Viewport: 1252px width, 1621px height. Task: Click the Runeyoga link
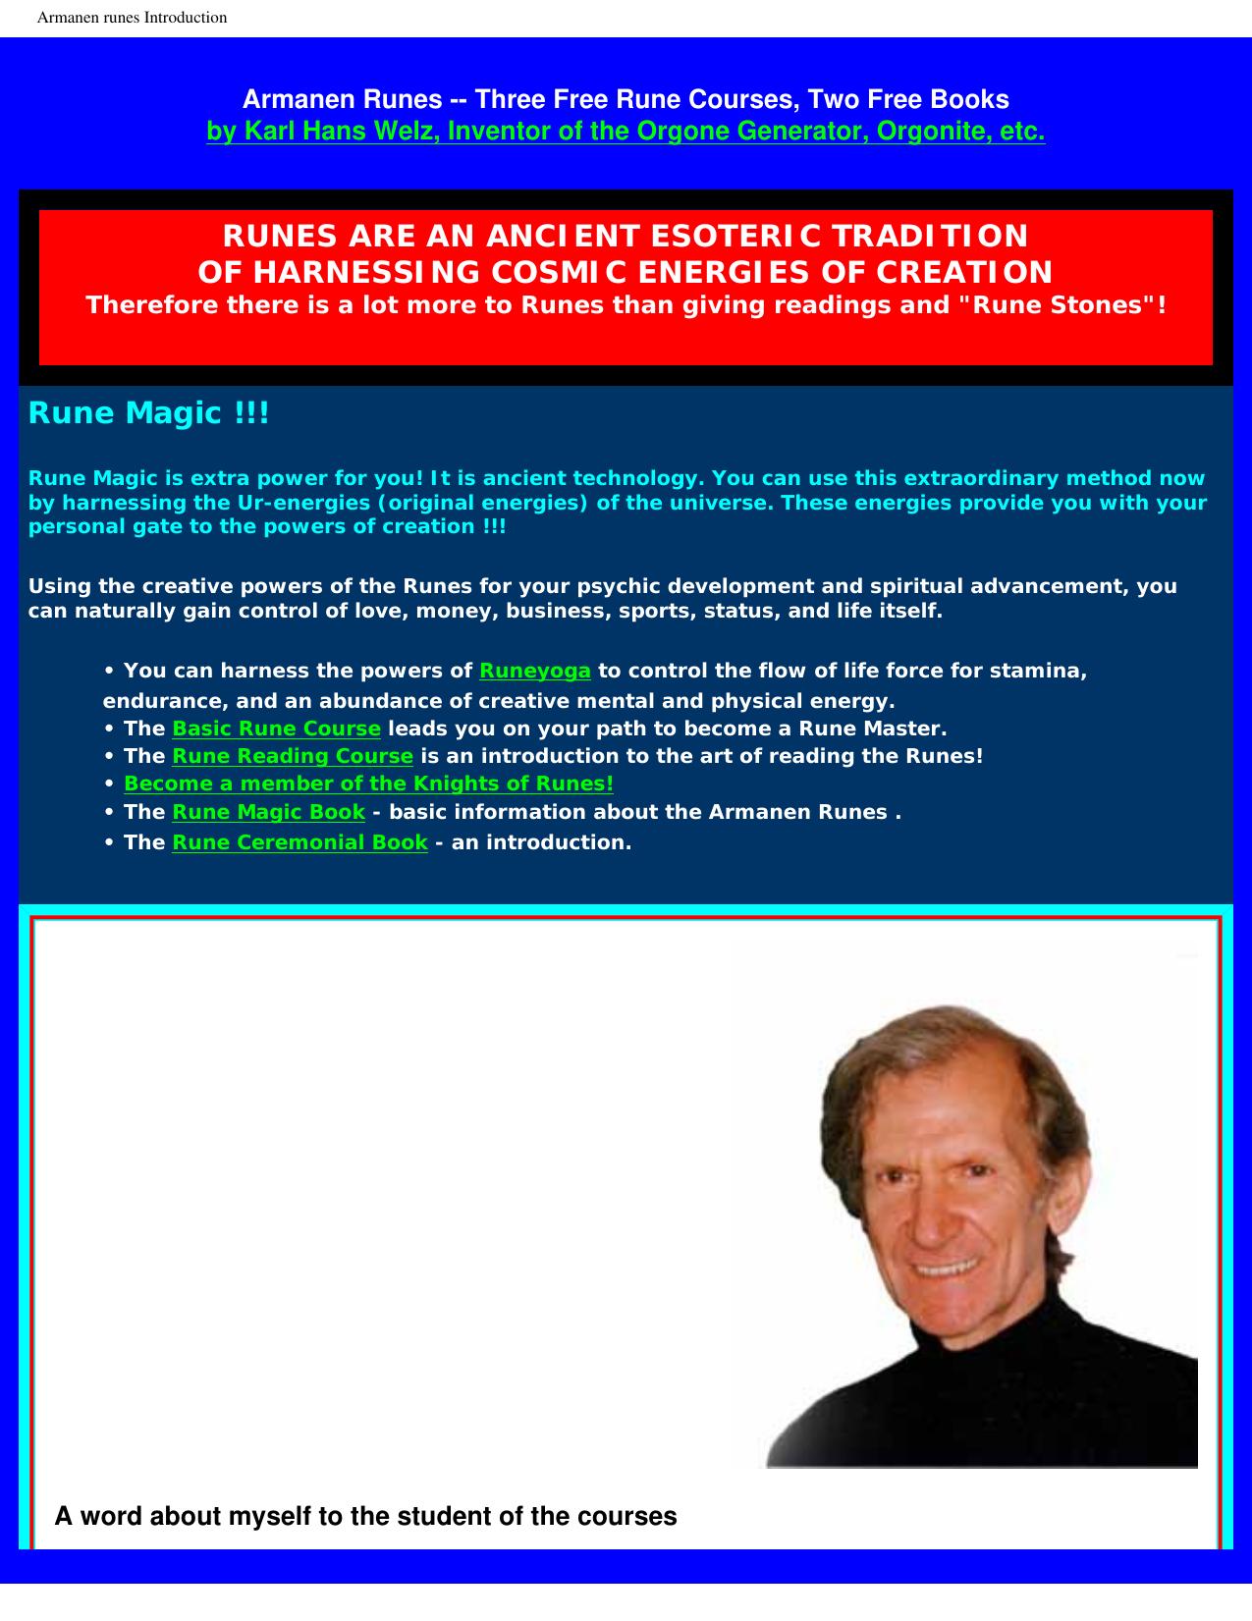[x=534, y=671]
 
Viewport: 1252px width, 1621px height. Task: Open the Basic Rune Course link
[x=276, y=729]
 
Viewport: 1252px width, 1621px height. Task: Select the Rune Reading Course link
[x=293, y=756]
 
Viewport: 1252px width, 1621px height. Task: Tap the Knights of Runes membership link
[x=368, y=783]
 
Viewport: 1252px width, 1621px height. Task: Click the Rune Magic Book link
[x=268, y=812]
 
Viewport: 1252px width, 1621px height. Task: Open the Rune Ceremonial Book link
[x=299, y=842]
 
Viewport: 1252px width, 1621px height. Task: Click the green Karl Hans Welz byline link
[x=626, y=131]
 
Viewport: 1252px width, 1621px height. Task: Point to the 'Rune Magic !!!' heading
[x=148, y=413]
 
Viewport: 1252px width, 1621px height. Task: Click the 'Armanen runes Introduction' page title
[x=132, y=18]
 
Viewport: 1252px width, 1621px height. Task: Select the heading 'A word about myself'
[x=365, y=1516]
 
